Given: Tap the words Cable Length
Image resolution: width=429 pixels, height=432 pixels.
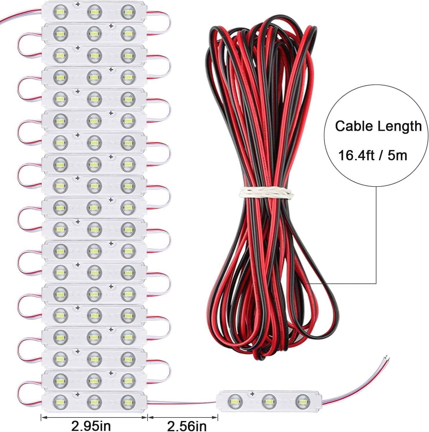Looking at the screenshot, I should (x=378, y=126).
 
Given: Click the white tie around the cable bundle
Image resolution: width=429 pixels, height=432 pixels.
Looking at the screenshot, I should (x=265, y=192).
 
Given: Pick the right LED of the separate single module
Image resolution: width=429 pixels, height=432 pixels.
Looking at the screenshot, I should (x=302, y=402).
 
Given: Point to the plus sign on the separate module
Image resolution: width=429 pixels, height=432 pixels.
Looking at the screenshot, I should (x=252, y=394).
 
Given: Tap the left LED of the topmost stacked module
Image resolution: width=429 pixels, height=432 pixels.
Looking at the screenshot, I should (x=60, y=12).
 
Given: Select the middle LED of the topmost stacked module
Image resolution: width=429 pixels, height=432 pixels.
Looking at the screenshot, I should (x=94, y=12).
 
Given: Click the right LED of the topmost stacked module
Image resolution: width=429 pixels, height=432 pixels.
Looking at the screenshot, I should (x=128, y=12).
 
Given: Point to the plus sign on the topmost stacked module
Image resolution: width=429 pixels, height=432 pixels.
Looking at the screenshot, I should (x=78, y=4).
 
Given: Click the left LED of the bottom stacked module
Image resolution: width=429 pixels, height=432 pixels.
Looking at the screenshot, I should (x=60, y=401).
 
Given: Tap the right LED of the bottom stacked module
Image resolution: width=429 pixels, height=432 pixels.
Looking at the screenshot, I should (x=128, y=401).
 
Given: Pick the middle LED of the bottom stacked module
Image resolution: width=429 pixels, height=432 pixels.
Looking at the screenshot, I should (x=94, y=401).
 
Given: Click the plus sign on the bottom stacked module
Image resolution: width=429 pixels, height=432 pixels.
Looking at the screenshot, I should (x=78, y=394).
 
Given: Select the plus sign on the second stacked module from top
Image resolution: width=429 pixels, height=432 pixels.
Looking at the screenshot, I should (x=111, y=26).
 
